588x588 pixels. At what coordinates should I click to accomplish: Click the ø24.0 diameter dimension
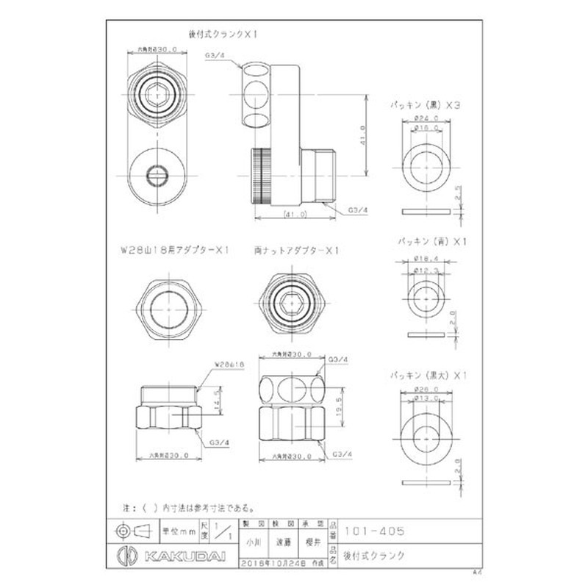tap(426, 118)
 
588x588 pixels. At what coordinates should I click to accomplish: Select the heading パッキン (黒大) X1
tap(429, 375)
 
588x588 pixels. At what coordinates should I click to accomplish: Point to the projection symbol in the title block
tap(132, 530)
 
